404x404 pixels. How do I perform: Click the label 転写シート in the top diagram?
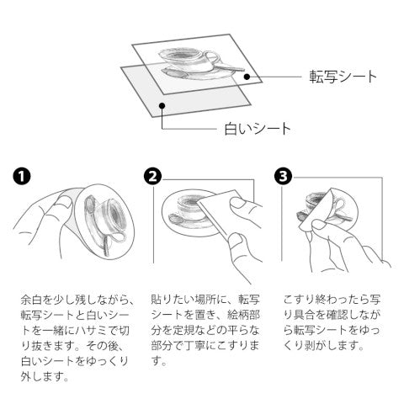[343, 77]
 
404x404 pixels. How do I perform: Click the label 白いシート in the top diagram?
[258, 129]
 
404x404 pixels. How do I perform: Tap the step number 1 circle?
[22, 176]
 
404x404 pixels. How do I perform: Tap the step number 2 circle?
[152, 176]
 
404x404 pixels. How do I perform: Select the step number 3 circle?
[283, 176]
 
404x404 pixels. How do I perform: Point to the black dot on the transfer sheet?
[247, 77]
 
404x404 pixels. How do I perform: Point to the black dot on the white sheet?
[162, 106]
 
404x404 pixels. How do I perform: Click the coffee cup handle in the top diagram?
[214, 57]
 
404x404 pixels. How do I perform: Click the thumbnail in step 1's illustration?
[66, 202]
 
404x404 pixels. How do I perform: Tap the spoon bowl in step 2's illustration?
[175, 219]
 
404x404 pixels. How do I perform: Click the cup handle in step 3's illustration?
[341, 205]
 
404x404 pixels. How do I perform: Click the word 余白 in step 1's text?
[32, 300]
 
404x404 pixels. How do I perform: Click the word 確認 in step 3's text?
[338, 315]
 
